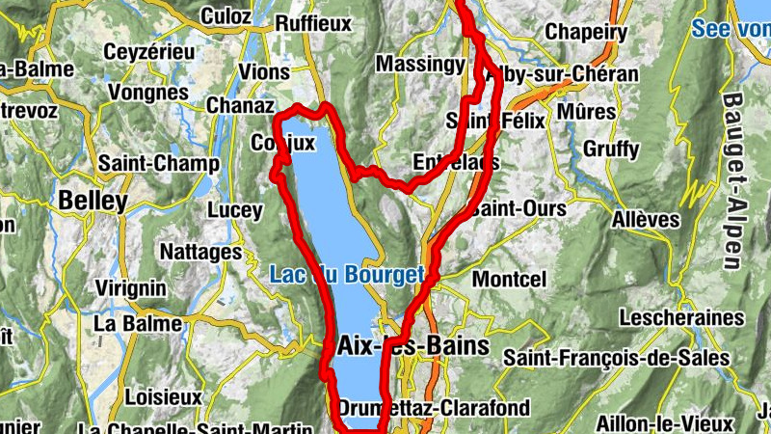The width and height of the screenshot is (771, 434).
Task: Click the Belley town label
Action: tap(93, 201)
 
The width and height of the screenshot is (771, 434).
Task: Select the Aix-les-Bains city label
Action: tap(414, 345)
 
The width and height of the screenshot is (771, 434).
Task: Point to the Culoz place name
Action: tap(226, 16)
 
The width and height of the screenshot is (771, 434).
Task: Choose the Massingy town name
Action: tap(419, 64)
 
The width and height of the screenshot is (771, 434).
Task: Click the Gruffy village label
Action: tap(611, 149)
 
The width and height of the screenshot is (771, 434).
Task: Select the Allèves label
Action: tap(646, 220)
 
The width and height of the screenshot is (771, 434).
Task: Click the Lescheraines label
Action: tap(682, 317)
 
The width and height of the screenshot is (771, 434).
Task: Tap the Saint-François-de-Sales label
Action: tap(617, 358)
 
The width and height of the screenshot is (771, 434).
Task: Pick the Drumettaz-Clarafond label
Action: tap(434, 408)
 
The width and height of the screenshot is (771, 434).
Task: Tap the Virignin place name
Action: tap(134, 287)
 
